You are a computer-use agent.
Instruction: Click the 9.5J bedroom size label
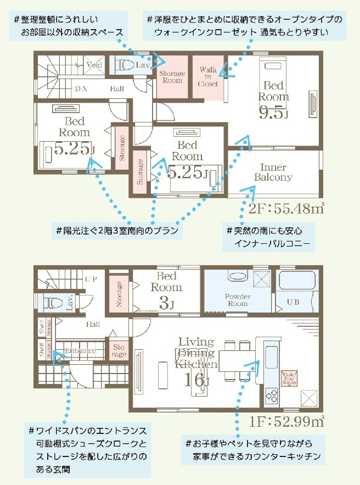coord(273,113)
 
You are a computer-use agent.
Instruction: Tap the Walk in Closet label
coord(209,77)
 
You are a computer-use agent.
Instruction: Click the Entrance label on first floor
coord(80,350)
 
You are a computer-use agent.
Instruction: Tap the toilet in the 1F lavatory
coord(54,303)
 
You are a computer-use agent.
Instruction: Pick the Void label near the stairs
coord(94,65)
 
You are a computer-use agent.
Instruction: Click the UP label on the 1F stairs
coord(91,279)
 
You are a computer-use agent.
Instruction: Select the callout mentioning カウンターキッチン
coord(254,449)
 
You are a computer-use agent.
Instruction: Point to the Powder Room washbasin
coord(238,276)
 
